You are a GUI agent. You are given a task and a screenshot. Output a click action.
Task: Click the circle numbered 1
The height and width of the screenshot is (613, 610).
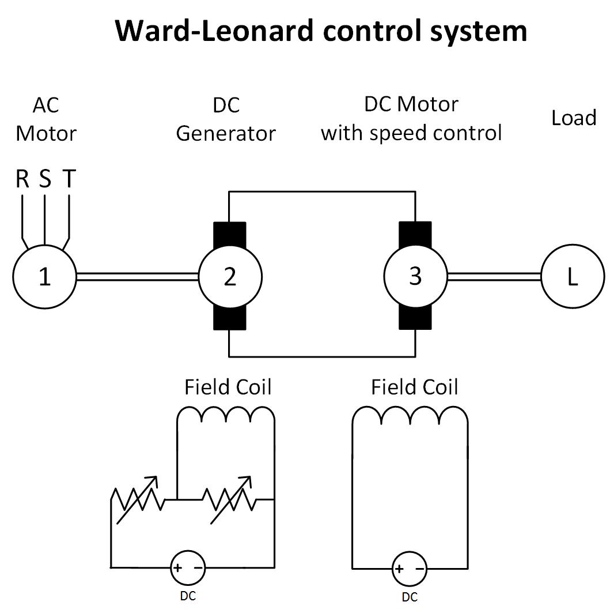44,277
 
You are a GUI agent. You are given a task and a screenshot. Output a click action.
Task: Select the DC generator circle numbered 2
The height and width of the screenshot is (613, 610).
230,277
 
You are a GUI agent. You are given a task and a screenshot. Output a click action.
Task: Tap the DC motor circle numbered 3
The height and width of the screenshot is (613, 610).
415,276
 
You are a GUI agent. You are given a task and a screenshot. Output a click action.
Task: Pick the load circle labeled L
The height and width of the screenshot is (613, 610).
572,277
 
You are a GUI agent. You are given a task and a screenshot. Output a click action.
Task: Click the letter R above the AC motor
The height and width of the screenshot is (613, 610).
22,179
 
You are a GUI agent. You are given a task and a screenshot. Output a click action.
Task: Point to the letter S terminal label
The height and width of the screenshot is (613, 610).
45,179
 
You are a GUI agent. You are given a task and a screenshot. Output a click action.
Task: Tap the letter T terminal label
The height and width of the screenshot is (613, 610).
69,179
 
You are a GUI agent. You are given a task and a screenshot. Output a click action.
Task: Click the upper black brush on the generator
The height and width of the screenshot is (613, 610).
230,234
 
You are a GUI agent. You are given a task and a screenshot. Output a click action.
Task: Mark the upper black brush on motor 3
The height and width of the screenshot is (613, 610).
415,234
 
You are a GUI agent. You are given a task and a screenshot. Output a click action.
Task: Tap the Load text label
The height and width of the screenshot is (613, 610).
573,118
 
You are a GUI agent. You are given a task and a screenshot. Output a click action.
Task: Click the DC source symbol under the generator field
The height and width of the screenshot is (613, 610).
188,567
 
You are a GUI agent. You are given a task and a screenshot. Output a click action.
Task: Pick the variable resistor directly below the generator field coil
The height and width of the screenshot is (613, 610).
230,499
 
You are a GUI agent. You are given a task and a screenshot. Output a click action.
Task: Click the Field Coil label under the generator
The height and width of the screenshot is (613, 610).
228,387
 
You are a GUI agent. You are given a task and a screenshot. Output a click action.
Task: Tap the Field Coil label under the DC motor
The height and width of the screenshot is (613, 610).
414,387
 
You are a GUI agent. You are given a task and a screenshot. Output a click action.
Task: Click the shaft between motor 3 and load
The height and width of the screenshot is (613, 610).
494,277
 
